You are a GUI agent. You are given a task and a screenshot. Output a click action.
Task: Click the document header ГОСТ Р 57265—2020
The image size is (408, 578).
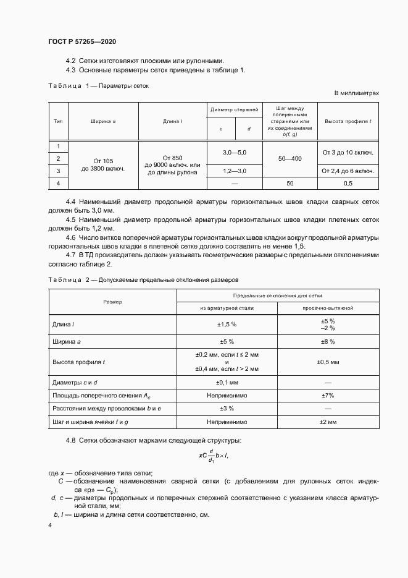pyautogui.click(x=82, y=41)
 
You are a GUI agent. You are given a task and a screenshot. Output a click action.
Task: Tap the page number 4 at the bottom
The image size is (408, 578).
pyautogui.click(x=50, y=525)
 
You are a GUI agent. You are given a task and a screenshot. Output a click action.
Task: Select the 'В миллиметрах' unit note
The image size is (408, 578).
pyautogui.click(x=356, y=93)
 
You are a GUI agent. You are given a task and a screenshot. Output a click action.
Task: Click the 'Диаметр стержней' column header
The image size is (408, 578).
pyautogui.click(x=234, y=109)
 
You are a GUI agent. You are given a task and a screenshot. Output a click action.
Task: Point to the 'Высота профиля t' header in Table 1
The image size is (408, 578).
pyautogui.click(x=348, y=122)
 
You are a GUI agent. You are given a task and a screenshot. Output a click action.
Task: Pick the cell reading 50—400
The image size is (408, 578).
pyautogui.click(x=289, y=158)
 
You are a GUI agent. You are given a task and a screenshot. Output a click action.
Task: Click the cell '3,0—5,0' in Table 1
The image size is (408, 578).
pyautogui.click(x=234, y=152)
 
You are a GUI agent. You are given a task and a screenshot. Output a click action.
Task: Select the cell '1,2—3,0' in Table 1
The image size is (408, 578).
pyautogui.click(x=234, y=170)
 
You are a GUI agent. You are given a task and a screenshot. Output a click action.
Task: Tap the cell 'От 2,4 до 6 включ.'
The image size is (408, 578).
pyautogui.click(x=348, y=171)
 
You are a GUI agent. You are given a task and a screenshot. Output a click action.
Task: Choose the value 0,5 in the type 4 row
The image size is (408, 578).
pyautogui.click(x=348, y=183)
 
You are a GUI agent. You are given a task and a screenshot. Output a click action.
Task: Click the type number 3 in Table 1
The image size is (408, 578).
pyautogui.click(x=58, y=171)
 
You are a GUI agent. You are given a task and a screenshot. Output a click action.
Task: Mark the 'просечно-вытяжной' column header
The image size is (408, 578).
pyautogui.click(x=327, y=307)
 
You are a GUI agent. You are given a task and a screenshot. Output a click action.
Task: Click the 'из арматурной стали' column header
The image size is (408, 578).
pyautogui.click(x=227, y=307)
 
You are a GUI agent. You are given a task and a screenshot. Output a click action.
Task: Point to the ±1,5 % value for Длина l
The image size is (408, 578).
pyautogui.click(x=227, y=325)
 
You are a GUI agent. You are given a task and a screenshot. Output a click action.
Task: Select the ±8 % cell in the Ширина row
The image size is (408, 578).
pyautogui.click(x=327, y=341)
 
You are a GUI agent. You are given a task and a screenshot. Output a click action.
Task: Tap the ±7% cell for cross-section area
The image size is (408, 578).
pyautogui.click(x=327, y=394)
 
